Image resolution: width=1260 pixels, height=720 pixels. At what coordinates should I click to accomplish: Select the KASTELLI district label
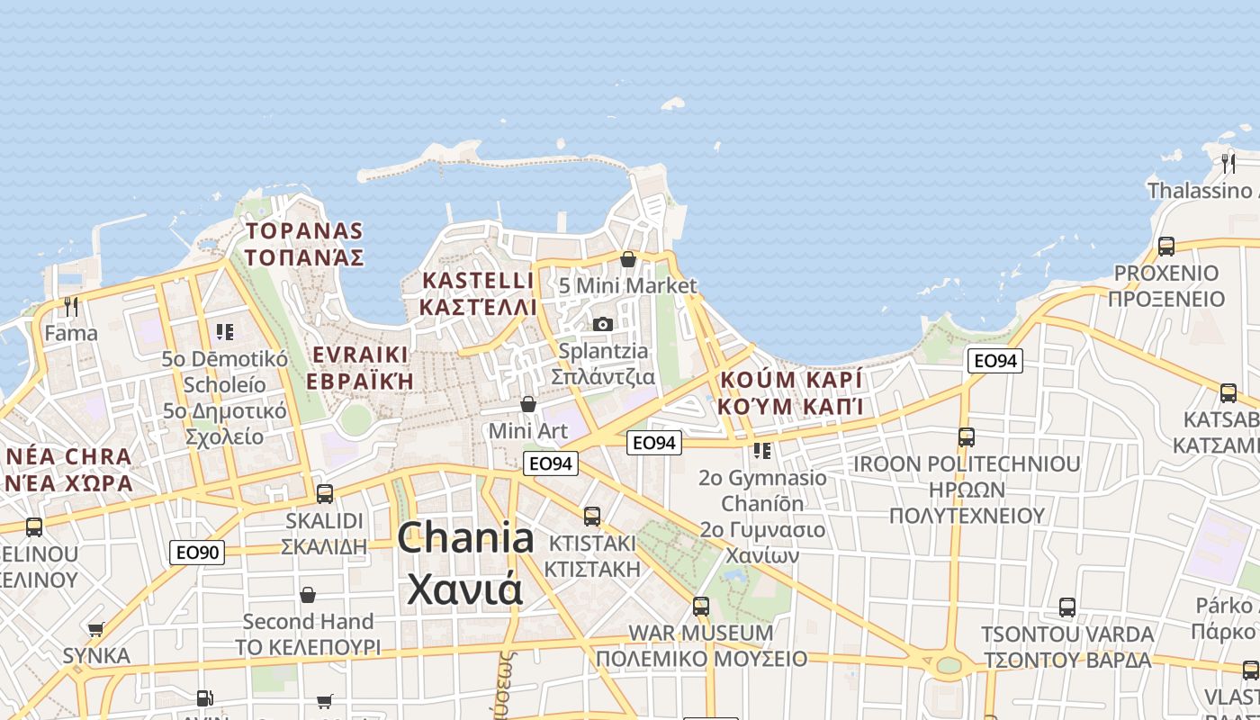pos(478,293)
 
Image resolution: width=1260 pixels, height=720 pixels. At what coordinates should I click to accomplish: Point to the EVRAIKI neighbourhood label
pos(359,366)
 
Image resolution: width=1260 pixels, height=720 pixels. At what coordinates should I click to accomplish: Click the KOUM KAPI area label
pos(791,391)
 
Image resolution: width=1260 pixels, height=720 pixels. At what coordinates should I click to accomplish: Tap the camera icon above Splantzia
pos(602,324)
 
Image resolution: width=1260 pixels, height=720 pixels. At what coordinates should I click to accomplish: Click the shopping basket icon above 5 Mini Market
pos(628,259)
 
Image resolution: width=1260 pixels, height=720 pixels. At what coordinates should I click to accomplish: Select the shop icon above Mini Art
pos(528,404)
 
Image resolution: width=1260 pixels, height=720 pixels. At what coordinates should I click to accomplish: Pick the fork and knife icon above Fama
pos(71,307)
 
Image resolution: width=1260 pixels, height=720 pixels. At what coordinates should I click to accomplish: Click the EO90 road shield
pos(197,552)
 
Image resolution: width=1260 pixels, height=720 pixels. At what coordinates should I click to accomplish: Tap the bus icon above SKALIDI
pos(324,493)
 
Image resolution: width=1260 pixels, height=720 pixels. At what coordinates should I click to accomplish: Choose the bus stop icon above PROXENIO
pos(1166,246)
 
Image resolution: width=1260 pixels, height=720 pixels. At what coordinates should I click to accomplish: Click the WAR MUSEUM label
pos(701,645)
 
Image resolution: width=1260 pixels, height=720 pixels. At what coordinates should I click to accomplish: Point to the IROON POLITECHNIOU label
pos(967,490)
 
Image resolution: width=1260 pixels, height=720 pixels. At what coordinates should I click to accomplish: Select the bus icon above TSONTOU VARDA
pos(1067,607)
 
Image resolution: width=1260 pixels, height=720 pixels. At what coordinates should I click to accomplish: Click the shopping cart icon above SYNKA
pos(96,629)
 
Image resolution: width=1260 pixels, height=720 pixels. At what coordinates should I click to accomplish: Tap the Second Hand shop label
pos(308,634)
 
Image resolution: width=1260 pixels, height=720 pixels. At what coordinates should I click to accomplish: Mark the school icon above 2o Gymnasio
pos(762,450)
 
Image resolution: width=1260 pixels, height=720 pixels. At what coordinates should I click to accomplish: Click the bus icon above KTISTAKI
pos(592,517)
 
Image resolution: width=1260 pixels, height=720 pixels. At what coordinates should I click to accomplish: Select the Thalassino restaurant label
pos(1201,191)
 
